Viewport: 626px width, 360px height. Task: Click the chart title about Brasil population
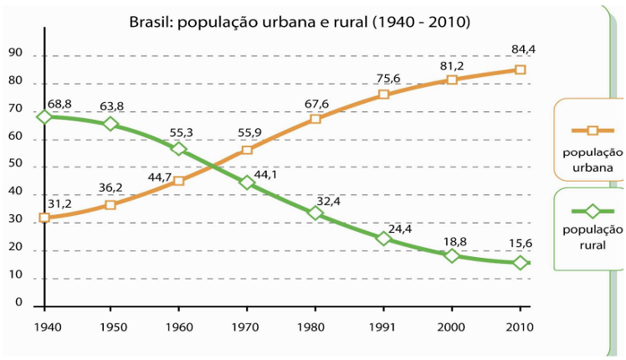pos(299,20)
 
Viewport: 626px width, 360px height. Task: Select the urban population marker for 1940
pos(44,218)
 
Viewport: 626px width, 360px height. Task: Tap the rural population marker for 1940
pos(44,116)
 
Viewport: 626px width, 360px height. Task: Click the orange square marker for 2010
pos(520,69)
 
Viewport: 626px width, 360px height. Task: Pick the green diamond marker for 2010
pos(520,262)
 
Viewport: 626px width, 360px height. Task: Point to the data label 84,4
pos(523,49)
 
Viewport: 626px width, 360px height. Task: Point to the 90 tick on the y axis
pos(16,56)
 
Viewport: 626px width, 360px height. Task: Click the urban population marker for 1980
pos(315,118)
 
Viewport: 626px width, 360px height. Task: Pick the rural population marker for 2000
pos(452,255)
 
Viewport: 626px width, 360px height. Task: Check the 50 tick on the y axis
pos(16,167)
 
